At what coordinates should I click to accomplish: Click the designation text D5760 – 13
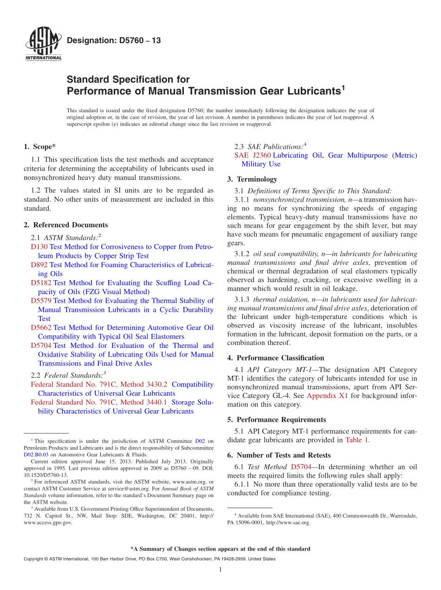(114, 40)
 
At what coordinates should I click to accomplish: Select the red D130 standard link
(39, 247)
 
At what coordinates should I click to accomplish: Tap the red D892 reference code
(39, 265)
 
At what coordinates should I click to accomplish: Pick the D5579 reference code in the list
(41, 301)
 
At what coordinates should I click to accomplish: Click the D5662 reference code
(41, 328)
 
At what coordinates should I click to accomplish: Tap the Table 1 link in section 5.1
(357, 440)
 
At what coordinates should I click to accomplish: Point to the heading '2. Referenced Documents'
(66, 225)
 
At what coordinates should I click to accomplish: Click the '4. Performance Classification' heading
(276, 358)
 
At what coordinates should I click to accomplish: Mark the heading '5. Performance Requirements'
(277, 420)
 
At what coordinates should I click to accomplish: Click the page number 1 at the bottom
(220, 570)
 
